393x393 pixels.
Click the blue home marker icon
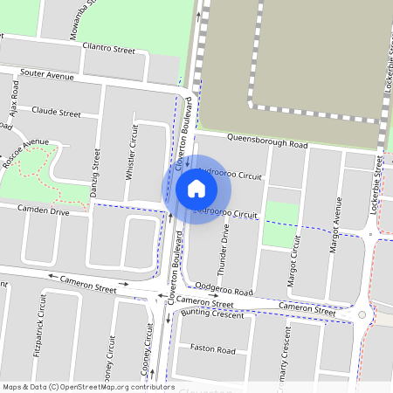coord(196,188)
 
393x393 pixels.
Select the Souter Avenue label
coord(47,76)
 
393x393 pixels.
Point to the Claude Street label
coord(56,113)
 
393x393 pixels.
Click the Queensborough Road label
coord(267,141)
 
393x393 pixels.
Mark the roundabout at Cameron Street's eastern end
coord(362,314)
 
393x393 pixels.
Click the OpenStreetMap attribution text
coord(88,387)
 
